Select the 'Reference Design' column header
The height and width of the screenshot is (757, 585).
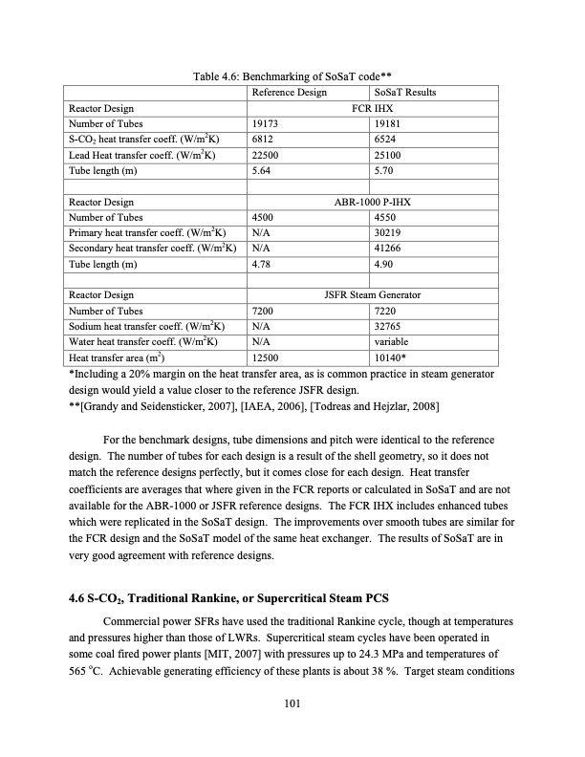coord(289,92)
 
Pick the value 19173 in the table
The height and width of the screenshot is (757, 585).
coord(268,124)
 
